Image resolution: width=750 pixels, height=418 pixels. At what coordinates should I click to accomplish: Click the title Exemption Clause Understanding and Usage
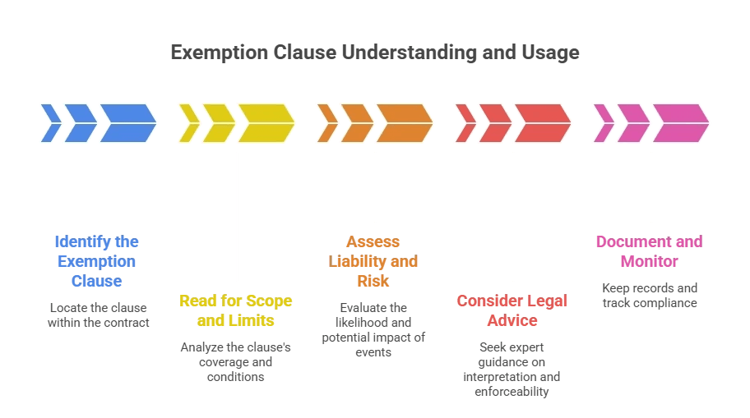tap(375, 53)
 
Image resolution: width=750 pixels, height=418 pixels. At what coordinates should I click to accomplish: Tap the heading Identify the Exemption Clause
tap(97, 261)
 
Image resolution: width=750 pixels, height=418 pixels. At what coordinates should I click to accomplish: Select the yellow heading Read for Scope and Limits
tap(236, 310)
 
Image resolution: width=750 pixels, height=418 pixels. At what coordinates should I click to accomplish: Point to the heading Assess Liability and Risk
tap(373, 261)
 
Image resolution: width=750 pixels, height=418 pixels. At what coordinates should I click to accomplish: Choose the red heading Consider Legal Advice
tap(512, 310)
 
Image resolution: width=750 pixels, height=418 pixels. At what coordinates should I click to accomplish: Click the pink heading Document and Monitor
tap(649, 251)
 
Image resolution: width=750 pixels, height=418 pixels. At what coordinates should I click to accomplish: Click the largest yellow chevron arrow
tap(266, 123)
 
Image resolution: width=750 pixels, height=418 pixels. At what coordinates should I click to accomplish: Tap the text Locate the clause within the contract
tap(98, 315)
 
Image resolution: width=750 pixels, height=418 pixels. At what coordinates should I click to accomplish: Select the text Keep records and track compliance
tap(649, 295)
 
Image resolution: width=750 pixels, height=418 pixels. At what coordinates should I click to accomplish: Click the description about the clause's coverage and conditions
tap(236, 361)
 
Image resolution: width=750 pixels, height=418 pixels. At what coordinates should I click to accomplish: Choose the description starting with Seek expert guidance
tap(512, 369)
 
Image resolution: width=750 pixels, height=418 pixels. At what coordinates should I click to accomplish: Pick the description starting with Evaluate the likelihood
tap(373, 329)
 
